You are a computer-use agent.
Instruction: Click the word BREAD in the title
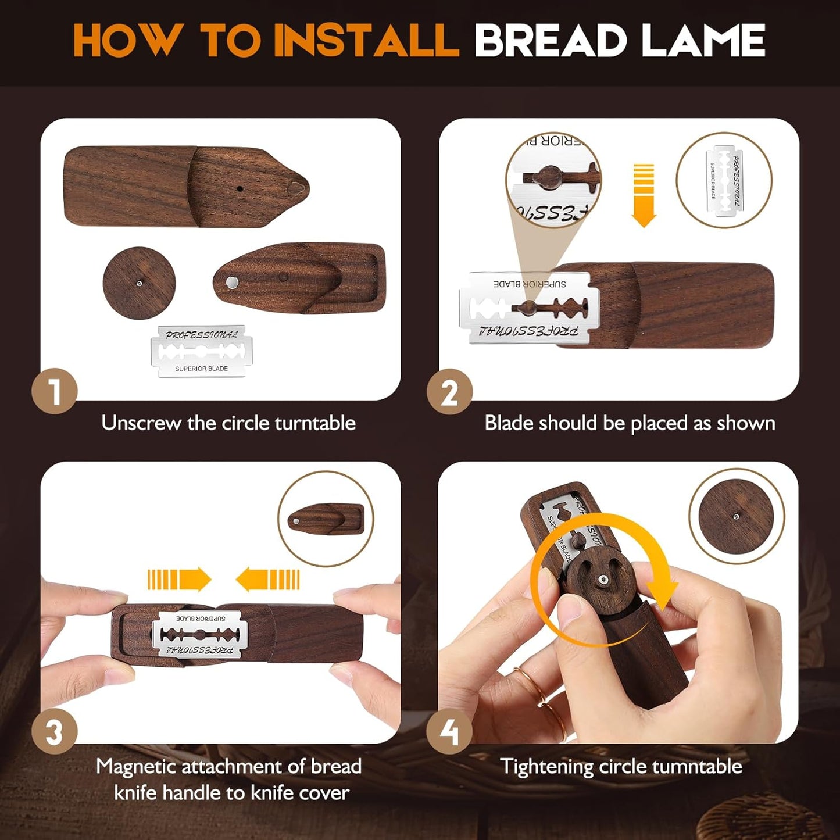(550, 41)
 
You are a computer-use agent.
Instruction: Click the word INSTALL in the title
(366, 41)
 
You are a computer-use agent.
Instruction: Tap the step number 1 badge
(54, 391)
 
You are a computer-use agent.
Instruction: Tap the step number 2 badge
(449, 391)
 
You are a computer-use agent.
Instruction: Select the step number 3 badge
(54, 731)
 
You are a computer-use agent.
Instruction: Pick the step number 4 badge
(449, 731)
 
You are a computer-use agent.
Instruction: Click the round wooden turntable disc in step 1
(139, 283)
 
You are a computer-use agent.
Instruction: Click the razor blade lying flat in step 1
(202, 351)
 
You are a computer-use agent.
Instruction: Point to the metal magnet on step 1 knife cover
(232, 283)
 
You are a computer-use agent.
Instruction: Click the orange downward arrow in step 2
(644, 195)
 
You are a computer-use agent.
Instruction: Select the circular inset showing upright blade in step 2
(724, 180)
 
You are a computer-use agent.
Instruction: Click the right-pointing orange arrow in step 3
(179, 580)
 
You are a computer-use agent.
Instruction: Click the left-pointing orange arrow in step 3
(267, 580)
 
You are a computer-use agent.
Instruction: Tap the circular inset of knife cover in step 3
(326, 519)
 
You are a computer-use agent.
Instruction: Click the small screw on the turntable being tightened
(604, 580)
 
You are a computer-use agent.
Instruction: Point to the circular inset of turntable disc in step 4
(737, 516)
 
